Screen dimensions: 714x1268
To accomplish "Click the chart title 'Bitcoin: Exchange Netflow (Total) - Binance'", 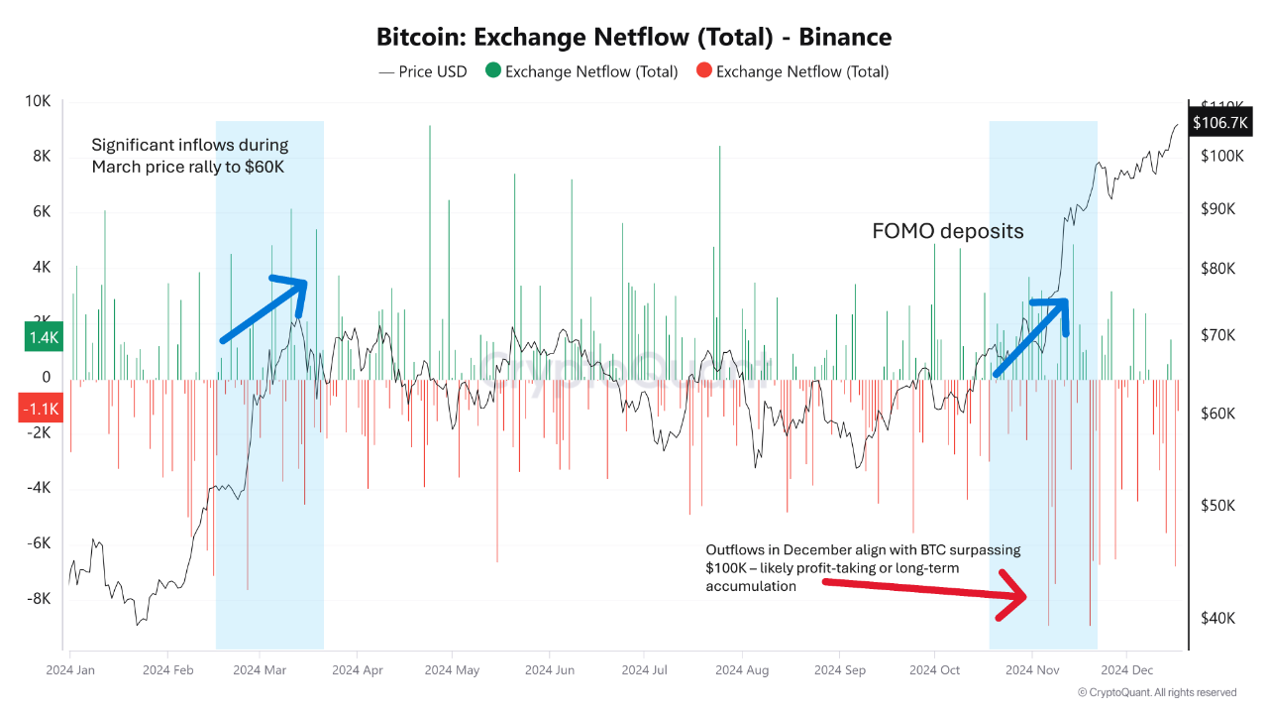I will pos(634,38).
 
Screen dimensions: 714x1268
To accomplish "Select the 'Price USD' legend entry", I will pos(423,71).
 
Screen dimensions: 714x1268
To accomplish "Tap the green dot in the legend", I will pos(492,71).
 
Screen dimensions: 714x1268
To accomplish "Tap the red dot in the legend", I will pos(703,71).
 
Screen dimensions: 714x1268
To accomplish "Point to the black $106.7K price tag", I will pos(1220,122).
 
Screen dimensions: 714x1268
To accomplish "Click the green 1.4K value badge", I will pos(44,338).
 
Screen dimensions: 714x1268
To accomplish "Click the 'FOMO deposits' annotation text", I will pos(947,231).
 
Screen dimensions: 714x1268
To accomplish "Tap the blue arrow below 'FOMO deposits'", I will pos(1031,336).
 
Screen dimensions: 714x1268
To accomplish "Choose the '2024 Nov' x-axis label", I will pos(1033,670).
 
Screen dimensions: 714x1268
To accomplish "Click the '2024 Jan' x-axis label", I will pos(70,670).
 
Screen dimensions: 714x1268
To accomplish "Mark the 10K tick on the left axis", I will pos(39,101).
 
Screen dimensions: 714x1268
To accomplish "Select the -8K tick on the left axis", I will pos(38,599).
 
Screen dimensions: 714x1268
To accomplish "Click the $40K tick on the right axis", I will pos(1217,618).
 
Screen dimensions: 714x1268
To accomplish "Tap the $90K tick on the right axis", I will pos(1217,209).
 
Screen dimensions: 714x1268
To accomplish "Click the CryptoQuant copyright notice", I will pos(1157,692).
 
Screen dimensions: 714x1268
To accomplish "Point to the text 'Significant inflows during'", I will pos(190,146).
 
